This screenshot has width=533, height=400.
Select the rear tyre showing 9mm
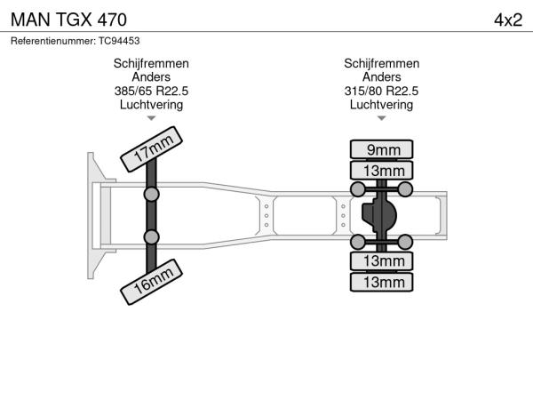pos(382,149)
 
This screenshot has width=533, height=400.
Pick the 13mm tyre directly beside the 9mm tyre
pos(382,171)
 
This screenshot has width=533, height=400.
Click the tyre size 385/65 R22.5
pos(151,91)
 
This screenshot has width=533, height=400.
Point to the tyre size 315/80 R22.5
pos(382,91)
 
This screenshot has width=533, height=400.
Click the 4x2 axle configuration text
pos(507,19)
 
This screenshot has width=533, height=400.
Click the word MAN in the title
pos(29,19)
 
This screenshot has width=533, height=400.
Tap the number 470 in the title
pos(109,19)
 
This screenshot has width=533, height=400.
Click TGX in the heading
pos(69,19)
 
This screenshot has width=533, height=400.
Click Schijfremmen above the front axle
pos(151,64)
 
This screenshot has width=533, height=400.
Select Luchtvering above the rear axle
pos(382,104)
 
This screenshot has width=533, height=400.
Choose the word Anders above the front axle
pos(151,77)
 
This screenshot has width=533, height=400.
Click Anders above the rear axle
pos(382,77)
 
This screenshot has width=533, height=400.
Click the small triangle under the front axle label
pos(151,117)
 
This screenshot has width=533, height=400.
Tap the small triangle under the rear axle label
pos(382,117)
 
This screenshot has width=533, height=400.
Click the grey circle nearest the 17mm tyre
pos(152,193)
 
